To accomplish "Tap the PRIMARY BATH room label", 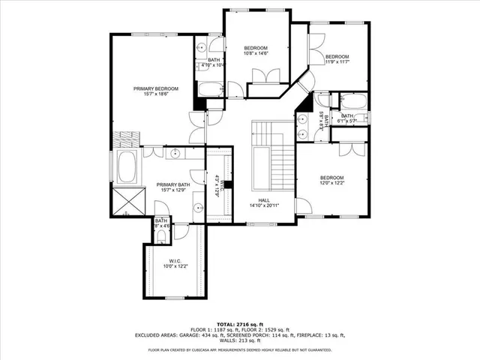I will pyautogui.click(x=173, y=184).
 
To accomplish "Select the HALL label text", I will pyautogui.click(x=264, y=200).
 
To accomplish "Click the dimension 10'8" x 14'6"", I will pyautogui.click(x=256, y=53).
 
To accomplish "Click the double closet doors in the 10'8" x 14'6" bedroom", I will pyautogui.click(x=262, y=76).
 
